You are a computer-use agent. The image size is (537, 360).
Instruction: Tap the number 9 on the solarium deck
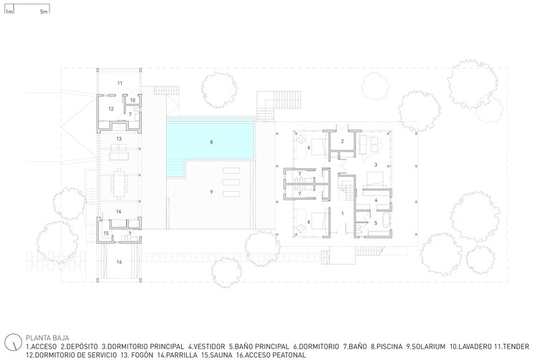click(211, 192)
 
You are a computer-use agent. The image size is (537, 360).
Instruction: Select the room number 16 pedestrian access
click(119, 262)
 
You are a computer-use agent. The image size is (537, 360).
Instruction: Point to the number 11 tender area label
click(120, 83)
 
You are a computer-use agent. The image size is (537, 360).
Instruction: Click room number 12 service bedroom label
click(111, 109)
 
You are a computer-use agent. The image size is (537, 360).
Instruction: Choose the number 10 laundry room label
click(132, 100)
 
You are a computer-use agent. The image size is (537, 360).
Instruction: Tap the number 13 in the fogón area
click(119, 139)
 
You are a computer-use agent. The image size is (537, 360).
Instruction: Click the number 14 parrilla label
click(118, 211)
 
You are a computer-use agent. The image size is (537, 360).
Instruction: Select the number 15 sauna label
click(106, 233)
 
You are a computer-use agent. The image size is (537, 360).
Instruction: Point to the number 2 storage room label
click(342, 141)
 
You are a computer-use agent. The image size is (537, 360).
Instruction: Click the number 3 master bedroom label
click(376, 165)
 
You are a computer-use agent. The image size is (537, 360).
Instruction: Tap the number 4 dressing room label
click(376, 200)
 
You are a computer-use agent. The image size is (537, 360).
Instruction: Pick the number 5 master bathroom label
click(376, 223)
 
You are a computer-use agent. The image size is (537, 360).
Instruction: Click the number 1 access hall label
click(342, 213)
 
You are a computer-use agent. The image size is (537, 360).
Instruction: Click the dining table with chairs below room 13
click(119, 184)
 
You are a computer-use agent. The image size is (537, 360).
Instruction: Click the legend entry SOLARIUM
click(428, 346)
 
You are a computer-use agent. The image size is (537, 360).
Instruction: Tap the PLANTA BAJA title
click(47, 338)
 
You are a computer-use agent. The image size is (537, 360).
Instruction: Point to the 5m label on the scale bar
click(44, 11)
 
